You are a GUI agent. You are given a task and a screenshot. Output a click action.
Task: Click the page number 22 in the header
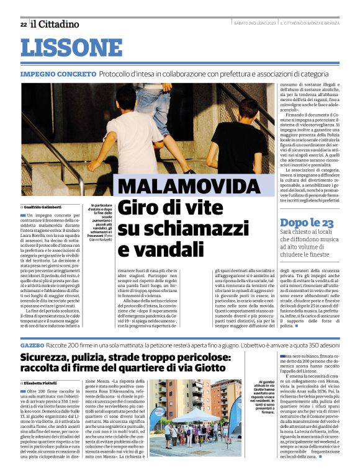click(23, 24)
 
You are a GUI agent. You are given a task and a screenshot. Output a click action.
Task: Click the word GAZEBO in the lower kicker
click(32, 344)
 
